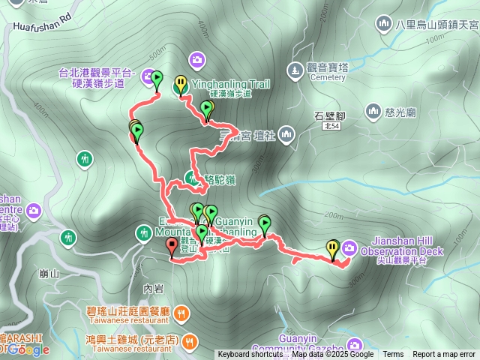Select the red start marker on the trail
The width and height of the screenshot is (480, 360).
(x=172, y=246)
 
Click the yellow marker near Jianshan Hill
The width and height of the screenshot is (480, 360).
(x=332, y=248)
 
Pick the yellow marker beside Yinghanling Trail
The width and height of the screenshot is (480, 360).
(x=181, y=84)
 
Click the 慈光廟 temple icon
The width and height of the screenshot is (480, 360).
(x=373, y=112)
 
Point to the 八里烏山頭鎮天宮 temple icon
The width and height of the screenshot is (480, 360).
(x=385, y=25)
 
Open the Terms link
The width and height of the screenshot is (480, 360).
(x=393, y=355)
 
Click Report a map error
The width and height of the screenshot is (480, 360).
(x=443, y=355)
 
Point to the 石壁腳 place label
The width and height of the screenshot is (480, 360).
(x=329, y=116)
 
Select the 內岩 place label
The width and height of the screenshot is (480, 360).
(x=152, y=288)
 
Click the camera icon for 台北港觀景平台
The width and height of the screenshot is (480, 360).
(x=197, y=58)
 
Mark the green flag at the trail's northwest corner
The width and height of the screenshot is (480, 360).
(x=157, y=79)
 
